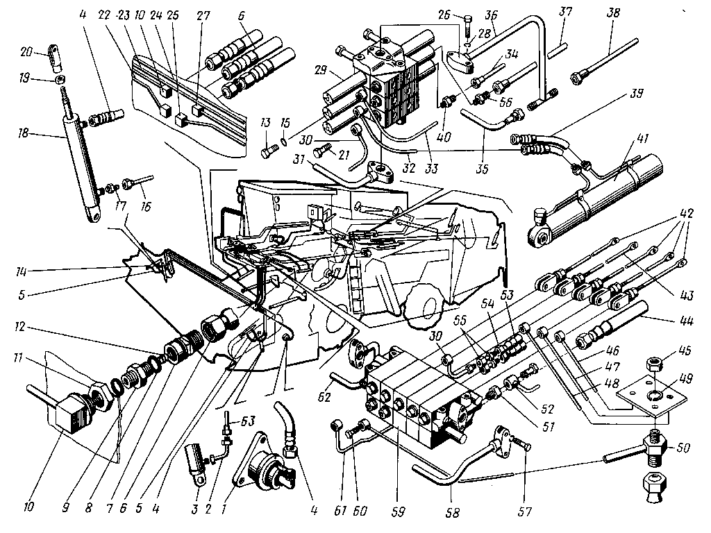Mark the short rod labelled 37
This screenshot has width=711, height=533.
pyautogui.click(x=558, y=50)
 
